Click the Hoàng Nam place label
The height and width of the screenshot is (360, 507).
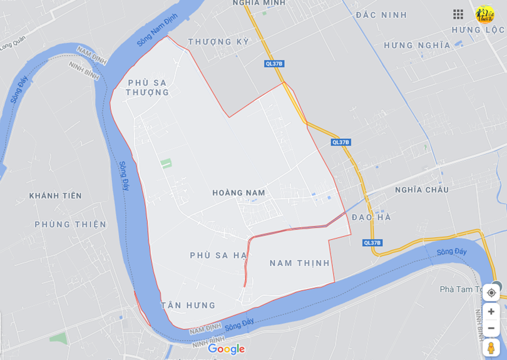pos(238,193)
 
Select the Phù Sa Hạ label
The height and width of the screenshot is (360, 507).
pos(218,255)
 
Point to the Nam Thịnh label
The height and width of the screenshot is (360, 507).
pos(300,263)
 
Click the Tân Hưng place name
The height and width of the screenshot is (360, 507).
pos(188,306)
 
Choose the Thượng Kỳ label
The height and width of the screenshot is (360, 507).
pos(218,42)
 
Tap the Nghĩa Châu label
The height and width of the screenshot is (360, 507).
pos(421,190)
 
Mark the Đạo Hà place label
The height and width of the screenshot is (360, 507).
pos(371,217)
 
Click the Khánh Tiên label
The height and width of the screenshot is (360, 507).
pos(55,196)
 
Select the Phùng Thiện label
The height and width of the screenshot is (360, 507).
pos(70,224)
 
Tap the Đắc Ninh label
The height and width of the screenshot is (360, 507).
pos(381,15)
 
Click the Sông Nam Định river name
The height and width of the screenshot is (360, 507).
pos(157,29)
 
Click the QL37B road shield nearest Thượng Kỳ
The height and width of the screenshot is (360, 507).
pos(274,63)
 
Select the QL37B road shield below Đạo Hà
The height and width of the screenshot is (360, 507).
pos(372,243)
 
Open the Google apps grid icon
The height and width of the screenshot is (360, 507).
pos(458,14)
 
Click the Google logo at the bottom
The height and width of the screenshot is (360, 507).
pos(227,349)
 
